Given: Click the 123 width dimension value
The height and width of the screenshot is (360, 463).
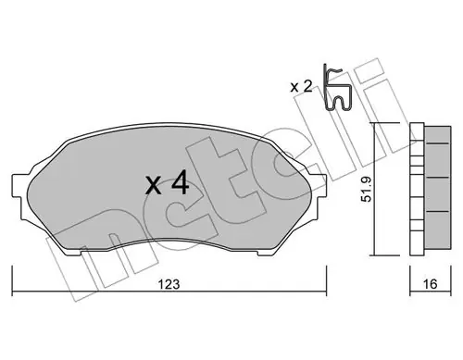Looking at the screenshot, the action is tap(169, 284).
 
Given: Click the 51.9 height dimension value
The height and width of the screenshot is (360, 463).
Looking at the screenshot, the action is tap(367, 190).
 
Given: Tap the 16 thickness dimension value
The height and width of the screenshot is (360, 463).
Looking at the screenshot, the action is tap(430, 284).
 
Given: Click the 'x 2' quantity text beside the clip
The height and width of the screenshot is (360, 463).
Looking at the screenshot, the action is tap(301, 87).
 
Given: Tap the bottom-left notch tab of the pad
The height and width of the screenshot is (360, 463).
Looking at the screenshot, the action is tap(73, 252).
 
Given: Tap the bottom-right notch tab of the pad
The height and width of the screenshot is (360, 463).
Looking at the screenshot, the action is tap(266, 252).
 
